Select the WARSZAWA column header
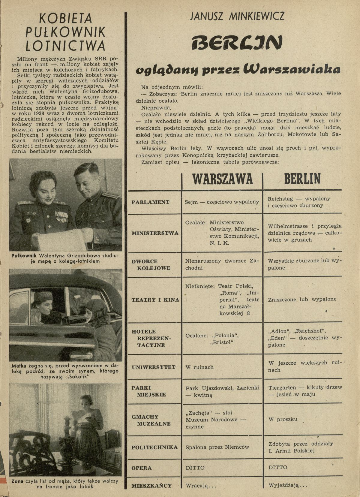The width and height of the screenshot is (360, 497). point(222,179)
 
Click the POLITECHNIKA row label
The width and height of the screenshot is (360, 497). point(154,447)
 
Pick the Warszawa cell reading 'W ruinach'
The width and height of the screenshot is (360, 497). point(199,367)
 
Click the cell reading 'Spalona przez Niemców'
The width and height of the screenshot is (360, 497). point(217,447)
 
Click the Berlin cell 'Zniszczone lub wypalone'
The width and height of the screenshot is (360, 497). point(302,299)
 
